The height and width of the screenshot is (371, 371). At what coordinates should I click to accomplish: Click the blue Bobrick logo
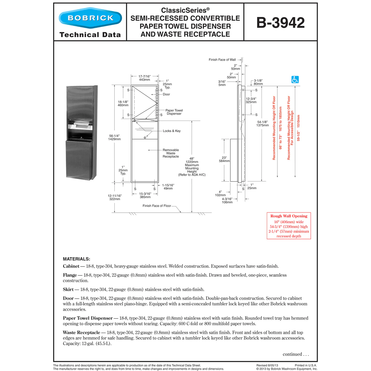tap(90, 18)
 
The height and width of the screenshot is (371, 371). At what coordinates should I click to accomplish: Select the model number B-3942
tap(280, 23)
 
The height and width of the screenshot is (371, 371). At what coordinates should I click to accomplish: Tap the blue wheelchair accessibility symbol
tap(295, 79)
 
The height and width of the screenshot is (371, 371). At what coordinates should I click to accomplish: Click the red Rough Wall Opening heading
tap(289, 216)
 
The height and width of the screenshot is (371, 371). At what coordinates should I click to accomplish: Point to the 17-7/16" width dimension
tap(144, 78)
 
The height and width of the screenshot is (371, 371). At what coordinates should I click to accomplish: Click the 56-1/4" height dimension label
tap(114, 138)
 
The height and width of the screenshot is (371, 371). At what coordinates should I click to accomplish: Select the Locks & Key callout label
tap(172, 131)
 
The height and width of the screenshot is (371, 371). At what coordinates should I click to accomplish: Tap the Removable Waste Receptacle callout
tap(171, 153)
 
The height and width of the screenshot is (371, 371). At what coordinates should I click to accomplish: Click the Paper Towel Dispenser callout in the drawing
tap(174, 112)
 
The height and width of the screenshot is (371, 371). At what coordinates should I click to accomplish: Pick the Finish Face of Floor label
tap(157, 206)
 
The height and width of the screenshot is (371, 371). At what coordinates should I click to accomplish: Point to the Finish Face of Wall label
tap(222, 60)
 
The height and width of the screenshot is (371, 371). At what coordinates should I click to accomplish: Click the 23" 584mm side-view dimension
tap(224, 160)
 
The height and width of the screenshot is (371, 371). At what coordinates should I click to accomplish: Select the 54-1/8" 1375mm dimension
tap(262, 124)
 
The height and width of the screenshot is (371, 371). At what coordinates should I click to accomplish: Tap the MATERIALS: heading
tap(76, 259)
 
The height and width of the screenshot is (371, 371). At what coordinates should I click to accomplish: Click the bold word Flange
tap(70, 275)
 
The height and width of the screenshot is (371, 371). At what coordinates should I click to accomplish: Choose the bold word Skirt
tap(68, 290)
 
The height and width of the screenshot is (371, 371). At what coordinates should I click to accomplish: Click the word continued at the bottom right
tap(292, 354)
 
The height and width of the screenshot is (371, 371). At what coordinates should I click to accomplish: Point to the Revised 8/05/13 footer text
tap(267, 365)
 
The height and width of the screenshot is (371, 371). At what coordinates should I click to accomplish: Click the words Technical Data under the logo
tap(90, 35)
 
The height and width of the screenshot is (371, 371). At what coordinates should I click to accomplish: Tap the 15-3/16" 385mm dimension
tap(145, 195)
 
